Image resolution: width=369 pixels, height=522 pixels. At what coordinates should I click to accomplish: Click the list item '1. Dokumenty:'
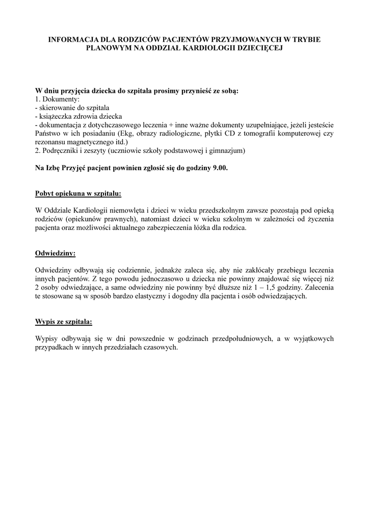click(x=55, y=99)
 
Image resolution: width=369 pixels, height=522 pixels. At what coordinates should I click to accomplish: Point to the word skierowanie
click(x=56, y=108)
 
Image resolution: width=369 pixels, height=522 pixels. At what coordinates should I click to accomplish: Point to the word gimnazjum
click(x=229, y=151)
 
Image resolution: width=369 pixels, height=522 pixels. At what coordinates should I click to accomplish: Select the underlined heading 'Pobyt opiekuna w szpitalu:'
click(x=78, y=194)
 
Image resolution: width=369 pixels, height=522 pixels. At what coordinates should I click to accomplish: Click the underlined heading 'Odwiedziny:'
click(x=55, y=253)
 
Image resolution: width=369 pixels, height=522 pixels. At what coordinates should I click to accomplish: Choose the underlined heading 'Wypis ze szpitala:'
click(x=64, y=322)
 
